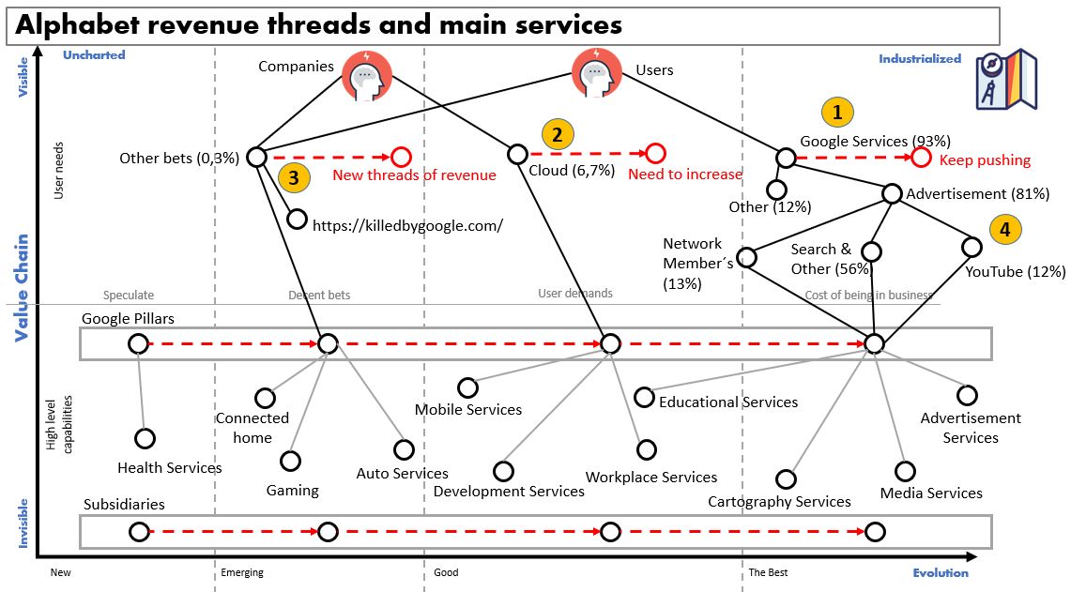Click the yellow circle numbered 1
[x=838, y=113]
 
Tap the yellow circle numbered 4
[x=1004, y=229]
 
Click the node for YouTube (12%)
[x=972, y=247]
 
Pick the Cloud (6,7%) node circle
[x=517, y=154]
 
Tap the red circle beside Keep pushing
[x=921, y=158]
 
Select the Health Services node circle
[x=145, y=438]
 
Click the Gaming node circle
[x=291, y=461]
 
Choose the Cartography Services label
[x=779, y=501]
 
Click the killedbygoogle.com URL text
[x=407, y=225]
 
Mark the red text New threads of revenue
[x=414, y=175]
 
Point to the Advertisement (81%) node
[x=892, y=193]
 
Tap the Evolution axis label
[x=941, y=572]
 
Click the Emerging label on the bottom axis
[x=242, y=572]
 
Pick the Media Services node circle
[x=905, y=471]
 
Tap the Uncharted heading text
[x=94, y=55]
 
